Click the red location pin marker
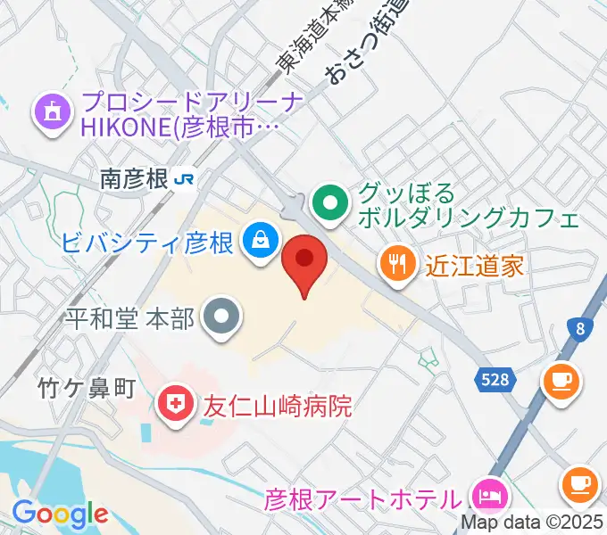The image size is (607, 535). (x=304, y=264)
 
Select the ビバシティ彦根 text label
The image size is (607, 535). (x=148, y=243)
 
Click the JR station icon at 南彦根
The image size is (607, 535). (x=186, y=179)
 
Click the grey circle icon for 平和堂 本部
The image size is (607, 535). (x=220, y=318)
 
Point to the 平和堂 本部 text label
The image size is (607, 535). (x=130, y=319)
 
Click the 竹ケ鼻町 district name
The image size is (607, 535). (x=86, y=388)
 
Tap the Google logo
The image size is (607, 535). (x=60, y=514)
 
